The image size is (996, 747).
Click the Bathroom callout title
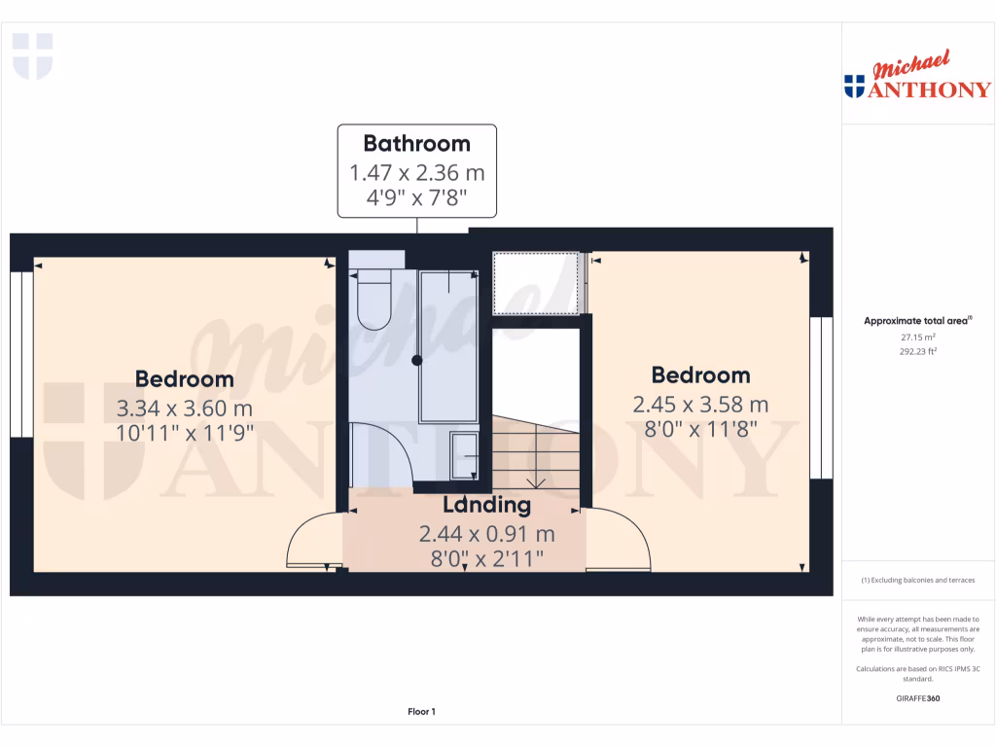pyautogui.click(x=416, y=143)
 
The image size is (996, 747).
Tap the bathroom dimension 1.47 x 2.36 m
pyautogui.click(x=416, y=173)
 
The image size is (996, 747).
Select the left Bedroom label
pyautogui.click(x=184, y=379)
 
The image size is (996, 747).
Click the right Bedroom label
pyautogui.click(x=700, y=374)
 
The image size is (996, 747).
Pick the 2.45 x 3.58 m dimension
pyautogui.click(x=700, y=403)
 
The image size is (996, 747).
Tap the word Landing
pyautogui.click(x=486, y=505)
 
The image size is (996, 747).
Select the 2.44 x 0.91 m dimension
pyautogui.click(x=486, y=533)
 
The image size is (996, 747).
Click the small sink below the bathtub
pyautogui.click(x=465, y=456)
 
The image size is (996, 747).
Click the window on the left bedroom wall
pyautogui.click(x=21, y=354)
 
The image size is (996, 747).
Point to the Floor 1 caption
pyautogui.click(x=421, y=712)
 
